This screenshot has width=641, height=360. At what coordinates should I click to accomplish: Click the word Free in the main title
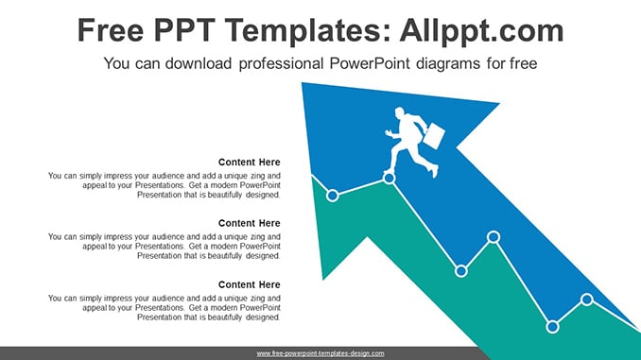(111, 30)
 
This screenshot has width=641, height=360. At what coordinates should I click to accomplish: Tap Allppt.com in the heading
(482, 31)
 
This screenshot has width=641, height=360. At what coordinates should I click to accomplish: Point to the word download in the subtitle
(199, 63)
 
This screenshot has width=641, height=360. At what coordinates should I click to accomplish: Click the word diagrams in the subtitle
(448, 64)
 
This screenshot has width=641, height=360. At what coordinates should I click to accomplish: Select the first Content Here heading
(249, 163)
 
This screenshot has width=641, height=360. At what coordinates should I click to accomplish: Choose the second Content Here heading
(249, 223)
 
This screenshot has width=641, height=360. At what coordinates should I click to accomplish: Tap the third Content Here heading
(249, 284)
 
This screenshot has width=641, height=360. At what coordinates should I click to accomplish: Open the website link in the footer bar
(320, 353)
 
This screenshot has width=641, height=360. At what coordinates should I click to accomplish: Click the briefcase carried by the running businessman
(433, 136)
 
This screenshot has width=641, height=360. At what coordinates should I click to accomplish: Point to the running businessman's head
(399, 112)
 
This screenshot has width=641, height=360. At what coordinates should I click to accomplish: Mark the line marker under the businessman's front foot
(389, 178)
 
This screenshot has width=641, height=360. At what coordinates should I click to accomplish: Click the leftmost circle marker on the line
(333, 196)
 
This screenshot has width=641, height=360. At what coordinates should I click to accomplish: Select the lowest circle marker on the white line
(552, 327)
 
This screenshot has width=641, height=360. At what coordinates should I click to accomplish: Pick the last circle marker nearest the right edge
(587, 300)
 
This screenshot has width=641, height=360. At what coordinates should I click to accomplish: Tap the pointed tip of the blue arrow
(303, 83)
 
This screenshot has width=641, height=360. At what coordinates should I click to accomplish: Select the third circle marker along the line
(461, 271)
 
